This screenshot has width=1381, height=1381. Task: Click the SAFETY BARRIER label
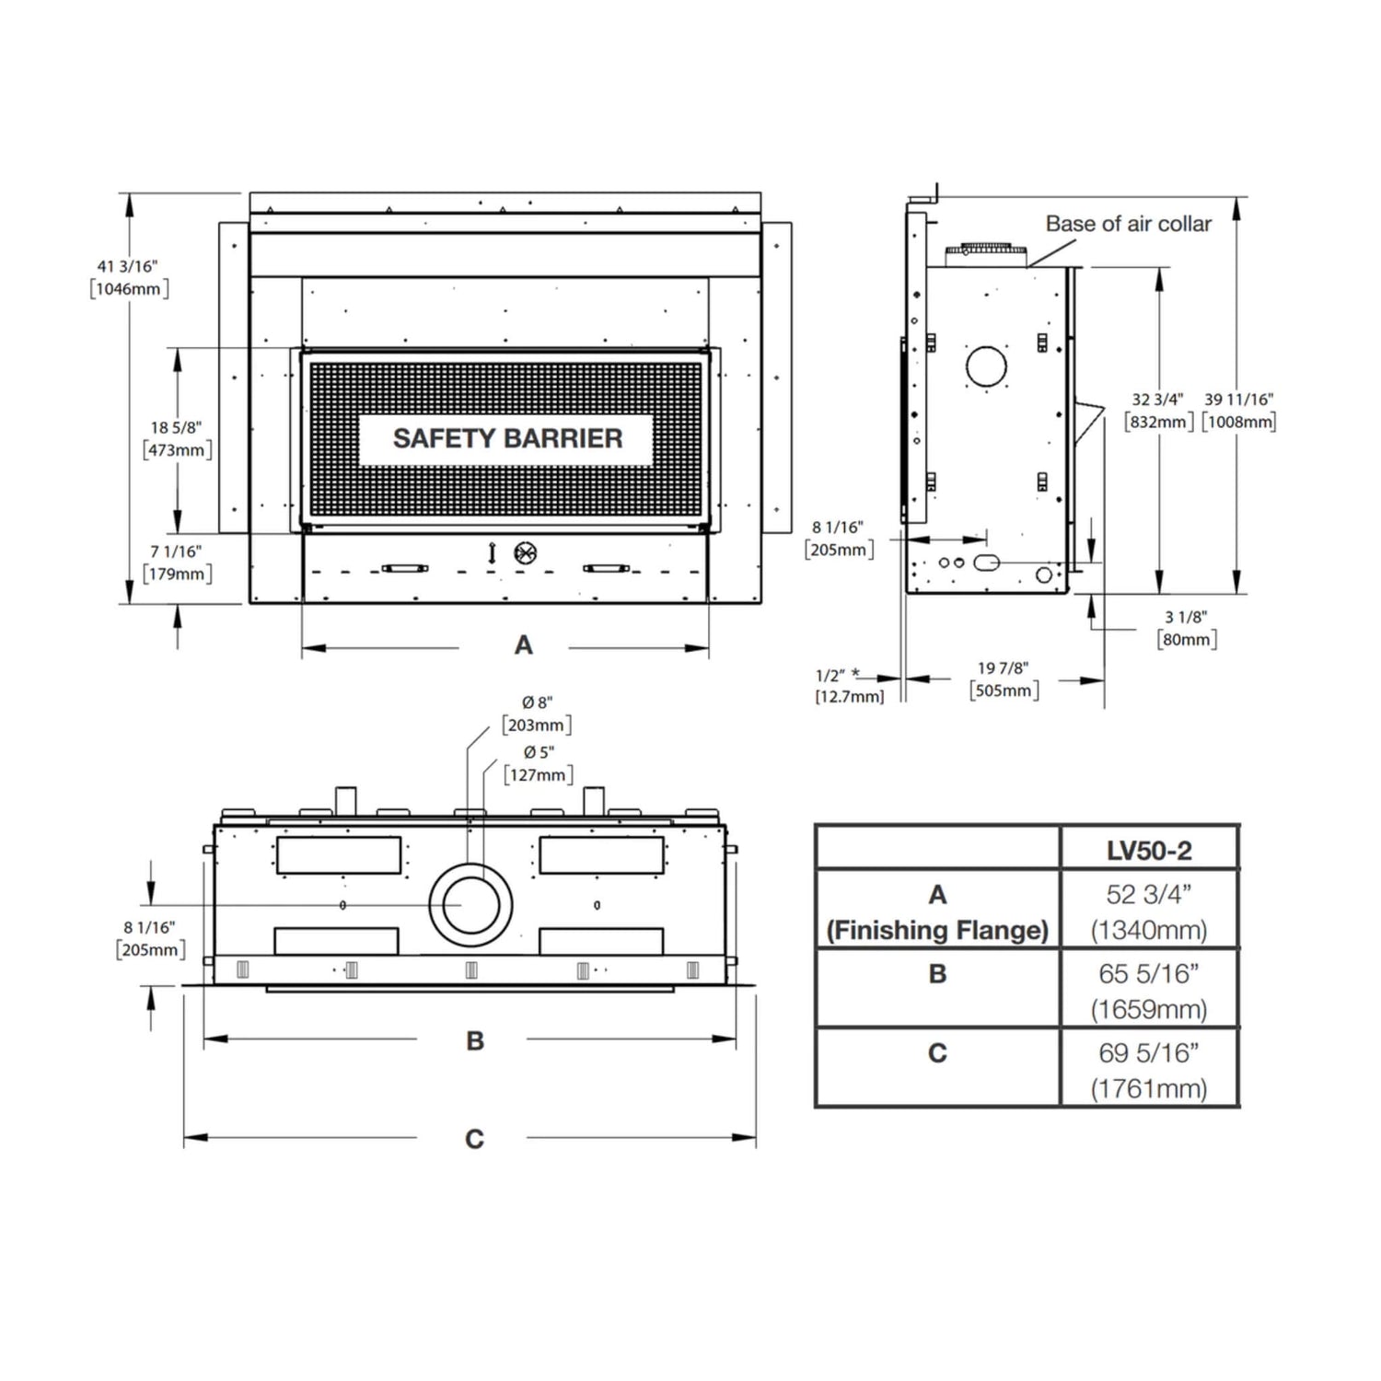click(x=507, y=438)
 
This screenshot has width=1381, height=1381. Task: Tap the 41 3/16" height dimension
click(x=128, y=266)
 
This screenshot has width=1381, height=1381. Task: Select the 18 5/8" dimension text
click(x=176, y=427)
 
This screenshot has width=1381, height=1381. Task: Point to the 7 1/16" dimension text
click(x=176, y=551)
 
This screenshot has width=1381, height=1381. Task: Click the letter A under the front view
click(x=523, y=645)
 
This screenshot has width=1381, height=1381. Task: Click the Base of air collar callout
click(x=1129, y=224)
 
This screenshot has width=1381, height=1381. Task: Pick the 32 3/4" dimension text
click(x=1157, y=400)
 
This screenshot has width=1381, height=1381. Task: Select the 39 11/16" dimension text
click(x=1239, y=400)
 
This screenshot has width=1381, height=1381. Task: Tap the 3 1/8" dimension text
click(x=1186, y=617)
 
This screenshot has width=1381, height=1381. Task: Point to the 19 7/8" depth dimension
click(x=1004, y=668)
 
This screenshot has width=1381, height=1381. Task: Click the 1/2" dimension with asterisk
click(x=838, y=675)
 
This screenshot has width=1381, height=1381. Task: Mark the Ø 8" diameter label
click(x=538, y=702)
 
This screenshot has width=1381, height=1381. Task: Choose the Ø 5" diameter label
click(x=539, y=752)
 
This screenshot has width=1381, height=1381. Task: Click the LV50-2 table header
click(x=1149, y=851)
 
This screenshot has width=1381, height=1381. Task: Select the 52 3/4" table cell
click(x=1149, y=894)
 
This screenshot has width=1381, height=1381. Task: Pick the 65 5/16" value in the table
click(x=1149, y=973)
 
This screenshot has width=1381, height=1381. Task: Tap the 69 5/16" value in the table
click(x=1149, y=1052)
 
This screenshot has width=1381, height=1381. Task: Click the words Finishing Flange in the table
click(x=937, y=931)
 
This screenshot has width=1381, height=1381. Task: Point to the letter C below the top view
click(x=474, y=1140)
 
